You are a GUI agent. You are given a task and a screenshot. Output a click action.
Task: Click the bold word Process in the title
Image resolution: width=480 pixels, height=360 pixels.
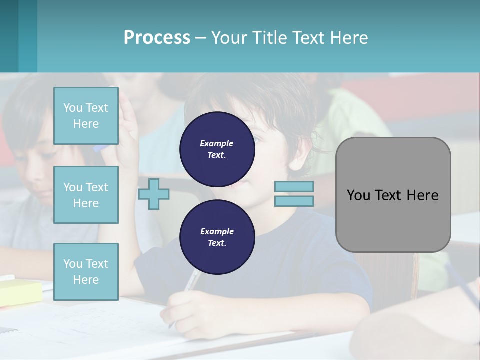(x=157, y=37)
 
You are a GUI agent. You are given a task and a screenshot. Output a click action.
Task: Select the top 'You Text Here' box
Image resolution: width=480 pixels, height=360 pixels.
(x=86, y=116)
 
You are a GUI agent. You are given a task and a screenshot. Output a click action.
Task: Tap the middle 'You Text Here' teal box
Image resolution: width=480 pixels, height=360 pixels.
(x=86, y=195)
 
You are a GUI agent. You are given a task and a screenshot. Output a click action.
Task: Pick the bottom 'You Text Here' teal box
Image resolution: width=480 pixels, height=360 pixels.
(x=86, y=271)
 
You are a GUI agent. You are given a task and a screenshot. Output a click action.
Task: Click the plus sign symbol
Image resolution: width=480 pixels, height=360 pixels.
(x=154, y=194)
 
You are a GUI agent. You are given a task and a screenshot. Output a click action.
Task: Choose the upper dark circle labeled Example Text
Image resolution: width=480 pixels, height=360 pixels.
(x=217, y=149)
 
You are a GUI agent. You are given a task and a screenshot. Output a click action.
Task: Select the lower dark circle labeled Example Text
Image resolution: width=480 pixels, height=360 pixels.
(x=217, y=237)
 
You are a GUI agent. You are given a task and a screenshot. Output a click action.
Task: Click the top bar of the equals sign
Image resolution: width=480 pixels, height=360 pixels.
(x=294, y=186)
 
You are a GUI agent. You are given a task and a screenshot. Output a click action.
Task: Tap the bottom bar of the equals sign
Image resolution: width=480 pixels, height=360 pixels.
(x=294, y=201)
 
